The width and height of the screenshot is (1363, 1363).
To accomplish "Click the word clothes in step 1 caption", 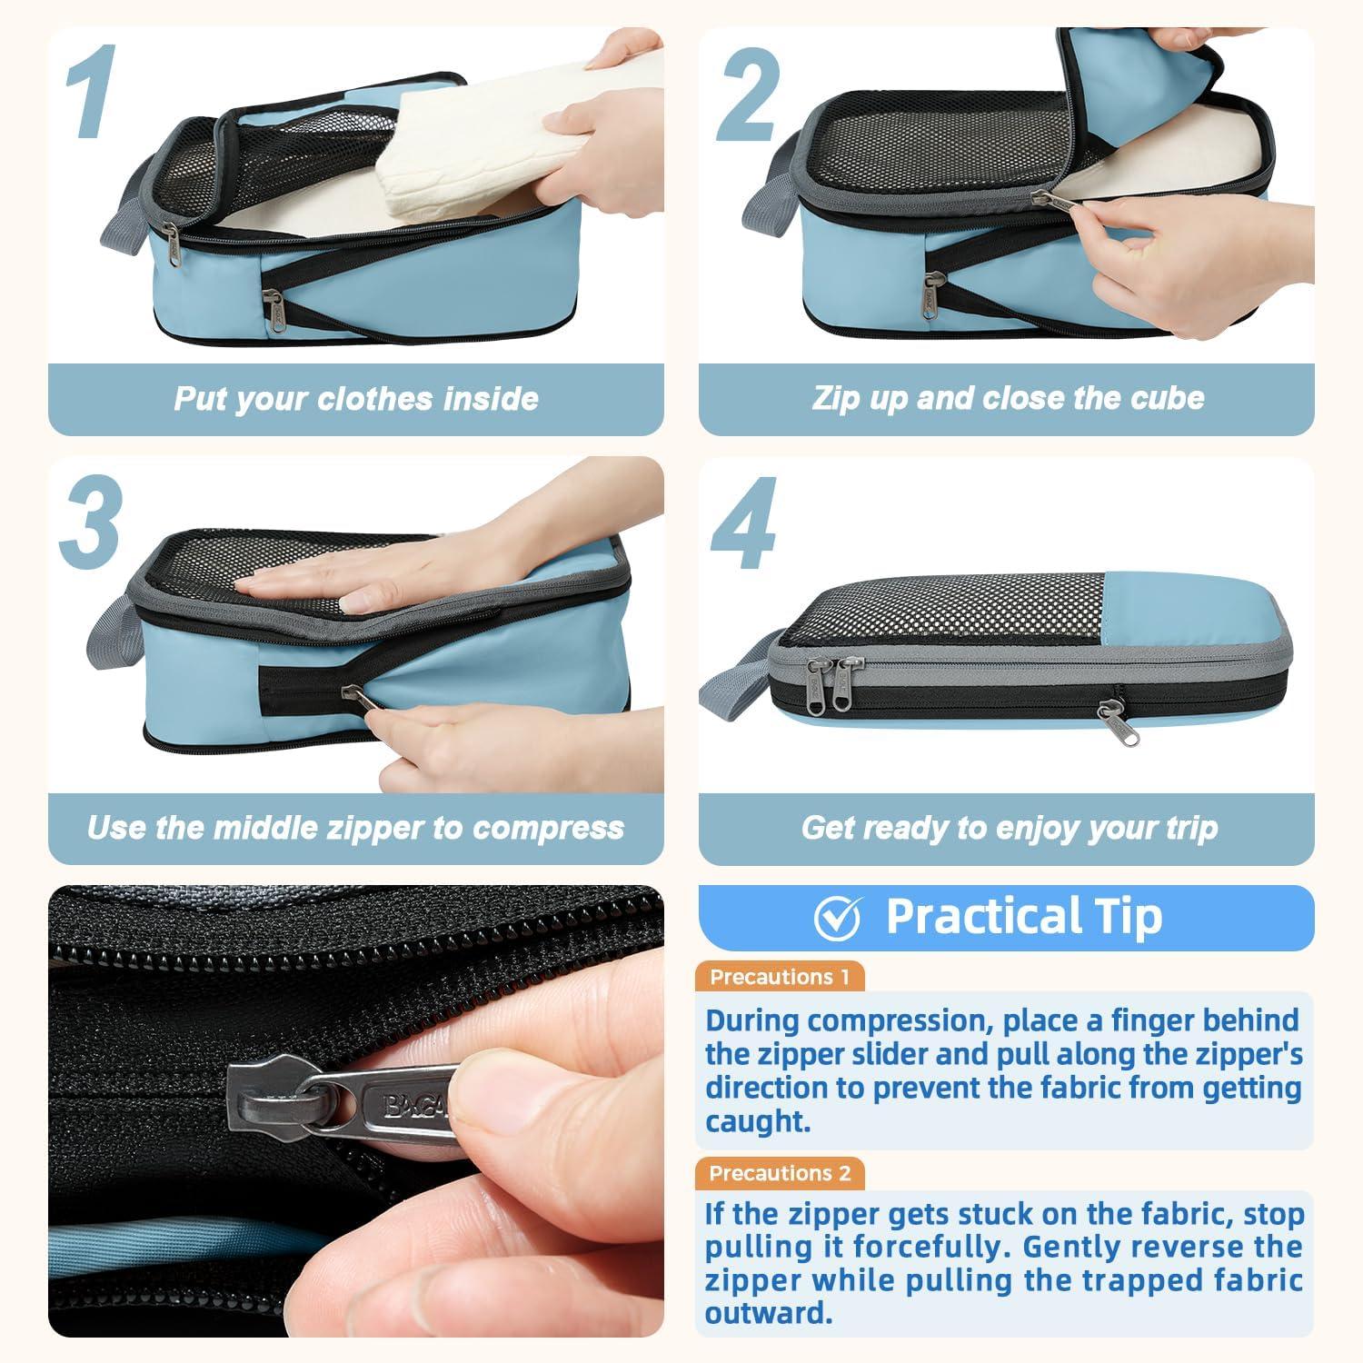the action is [373, 399].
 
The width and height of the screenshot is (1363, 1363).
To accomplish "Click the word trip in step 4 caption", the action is [1190, 828].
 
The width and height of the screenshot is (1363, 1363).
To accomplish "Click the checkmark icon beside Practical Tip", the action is [837, 919].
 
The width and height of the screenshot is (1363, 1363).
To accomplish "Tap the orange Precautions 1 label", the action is [780, 978].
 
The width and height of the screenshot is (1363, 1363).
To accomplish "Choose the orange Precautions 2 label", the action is [780, 1173].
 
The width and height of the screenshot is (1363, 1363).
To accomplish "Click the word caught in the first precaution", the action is [757, 1122].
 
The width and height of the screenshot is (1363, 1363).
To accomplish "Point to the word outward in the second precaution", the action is [768, 1313].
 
